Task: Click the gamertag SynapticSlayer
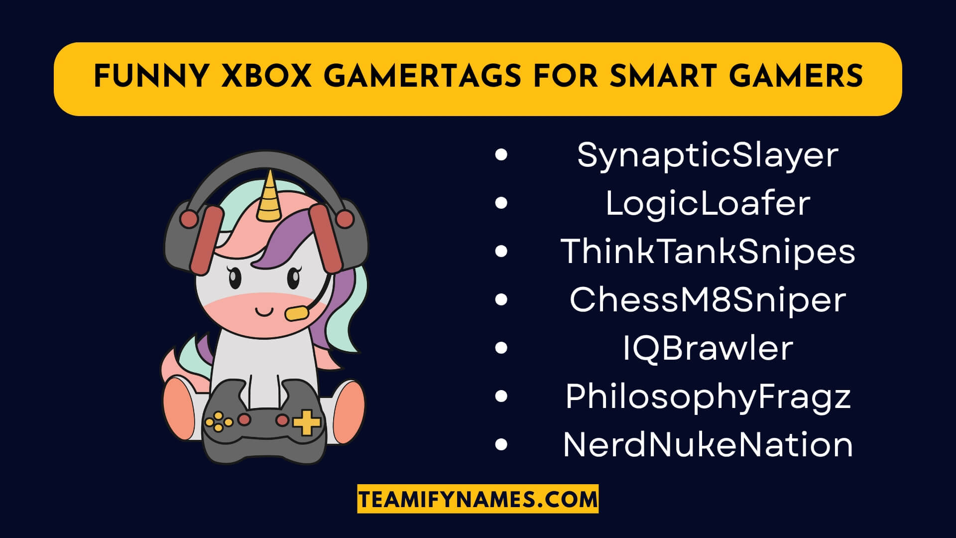(x=708, y=155)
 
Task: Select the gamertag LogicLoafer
(x=708, y=204)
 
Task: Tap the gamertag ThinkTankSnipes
(x=708, y=252)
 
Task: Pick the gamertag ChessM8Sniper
(x=708, y=300)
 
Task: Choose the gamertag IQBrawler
(x=708, y=348)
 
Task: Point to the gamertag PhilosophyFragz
(x=708, y=397)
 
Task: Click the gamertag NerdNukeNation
(x=708, y=445)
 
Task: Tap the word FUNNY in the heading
(x=151, y=77)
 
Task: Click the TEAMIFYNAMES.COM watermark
(x=478, y=499)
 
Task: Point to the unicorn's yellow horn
(x=269, y=197)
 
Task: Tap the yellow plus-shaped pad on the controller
(x=306, y=422)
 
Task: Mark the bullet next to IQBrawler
(x=501, y=348)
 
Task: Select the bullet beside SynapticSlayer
(x=501, y=155)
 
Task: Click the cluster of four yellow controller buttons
(x=219, y=422)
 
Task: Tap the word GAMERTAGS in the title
(x=422, y=77)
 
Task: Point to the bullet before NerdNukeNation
(x=501, y=444)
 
